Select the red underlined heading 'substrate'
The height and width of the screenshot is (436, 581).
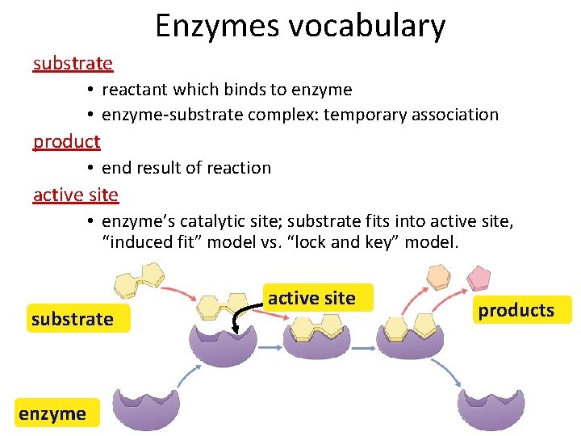(x=73, y=63)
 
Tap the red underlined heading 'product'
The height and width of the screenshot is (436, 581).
(x=66, y=141)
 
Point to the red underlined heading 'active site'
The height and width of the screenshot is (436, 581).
(x=75, y=195)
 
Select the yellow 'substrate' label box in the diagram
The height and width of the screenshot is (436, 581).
(x=72, y=319)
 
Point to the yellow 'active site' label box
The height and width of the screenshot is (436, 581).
(x=311, y=298)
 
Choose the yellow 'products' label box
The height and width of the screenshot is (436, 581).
(x=516, y=310)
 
